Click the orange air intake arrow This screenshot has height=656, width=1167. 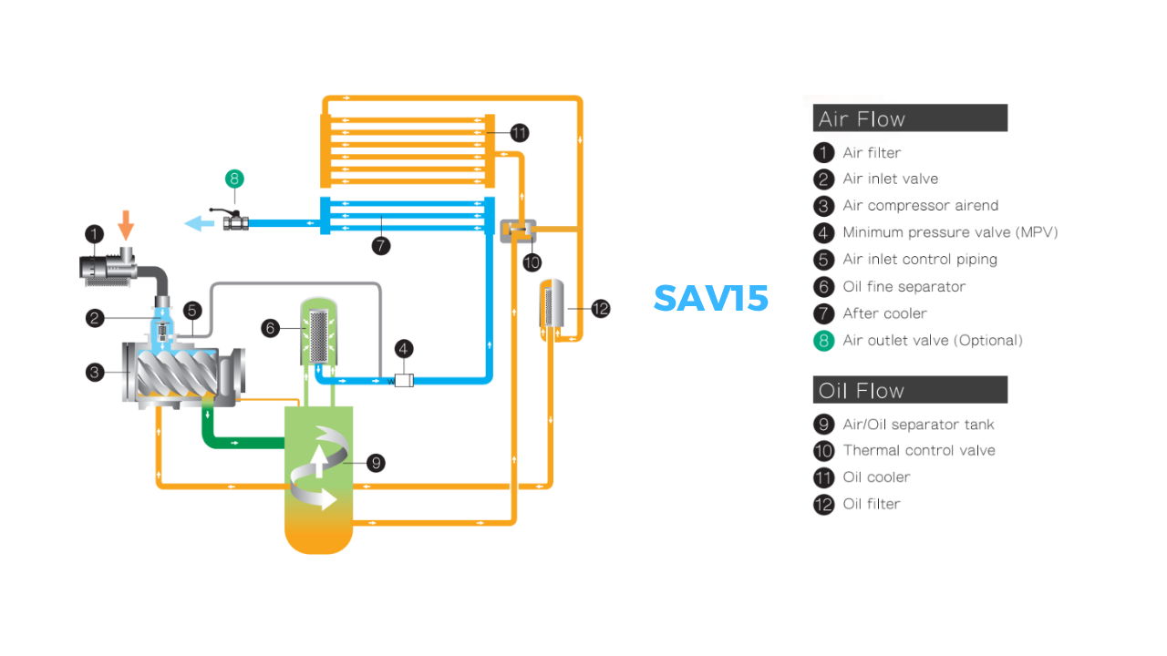tap(127, 224)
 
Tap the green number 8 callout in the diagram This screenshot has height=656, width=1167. tap(234, 179)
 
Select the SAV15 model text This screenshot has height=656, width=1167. tap(711, 298)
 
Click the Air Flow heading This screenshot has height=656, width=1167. tap(862, 118)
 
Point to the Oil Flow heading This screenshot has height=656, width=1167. tap(862, 391)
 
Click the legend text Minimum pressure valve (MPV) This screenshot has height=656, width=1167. tap(950, 232)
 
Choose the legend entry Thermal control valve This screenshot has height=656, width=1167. tap(919, 450)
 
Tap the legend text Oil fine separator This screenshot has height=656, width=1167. tap(904, 286)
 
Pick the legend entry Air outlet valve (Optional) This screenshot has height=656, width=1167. tap(933, 340)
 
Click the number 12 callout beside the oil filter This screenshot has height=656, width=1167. tap(600, 309)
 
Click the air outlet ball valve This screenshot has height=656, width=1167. tap(235, 221)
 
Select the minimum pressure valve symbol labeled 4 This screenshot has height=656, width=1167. tap(404, 378)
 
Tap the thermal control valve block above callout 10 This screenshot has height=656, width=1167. tap(519, 231)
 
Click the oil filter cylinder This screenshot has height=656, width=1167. tap(552, 305)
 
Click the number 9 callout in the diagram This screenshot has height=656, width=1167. tap(375, 463)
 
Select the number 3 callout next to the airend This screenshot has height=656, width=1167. tap(96, 371)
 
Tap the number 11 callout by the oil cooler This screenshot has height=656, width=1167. tap(519, 133)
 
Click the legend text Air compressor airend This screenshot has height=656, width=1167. tap(920, 206)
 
